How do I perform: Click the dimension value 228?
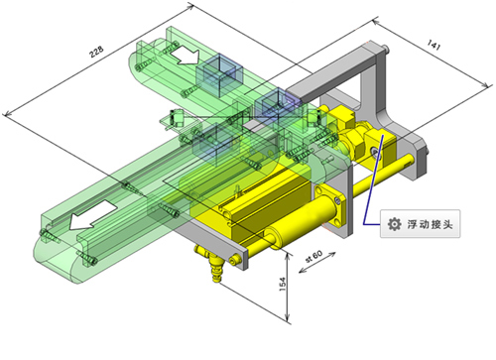(96, 52)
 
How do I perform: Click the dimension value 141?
(434, 45)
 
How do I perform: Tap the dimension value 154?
(283, 285)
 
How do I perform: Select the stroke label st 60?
(313, 256)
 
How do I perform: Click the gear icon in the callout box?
(394, 224)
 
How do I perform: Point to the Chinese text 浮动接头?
(430, 224)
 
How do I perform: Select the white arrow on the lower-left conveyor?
(92, 215)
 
